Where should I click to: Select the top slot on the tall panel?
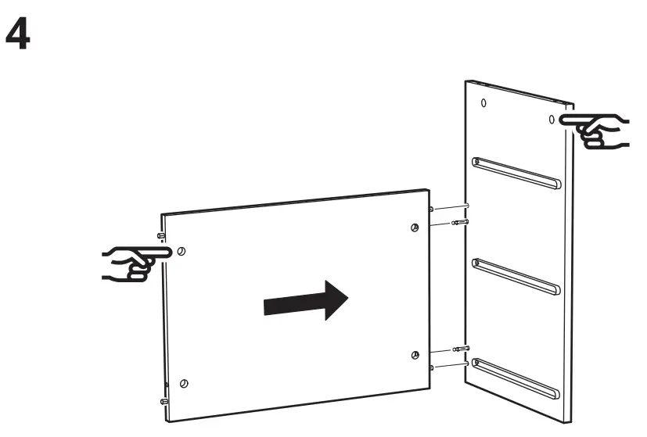click(516, 174)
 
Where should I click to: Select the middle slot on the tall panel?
click(516, 275)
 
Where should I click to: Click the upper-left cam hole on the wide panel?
click(182, 252)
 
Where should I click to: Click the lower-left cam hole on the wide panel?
click(183, 383)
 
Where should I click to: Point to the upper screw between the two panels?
click(461, 223)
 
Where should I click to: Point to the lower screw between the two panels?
click(461, 349)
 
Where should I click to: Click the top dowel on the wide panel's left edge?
click(160, 235)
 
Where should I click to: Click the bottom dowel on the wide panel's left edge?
click(164, 401)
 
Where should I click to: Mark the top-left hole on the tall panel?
click(483, 102)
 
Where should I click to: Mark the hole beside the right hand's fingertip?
click(551, 119)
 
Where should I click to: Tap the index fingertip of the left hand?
click(166, 253)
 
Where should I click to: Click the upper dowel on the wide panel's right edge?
click(432, 210)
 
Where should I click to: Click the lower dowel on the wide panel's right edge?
click(432, 364)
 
